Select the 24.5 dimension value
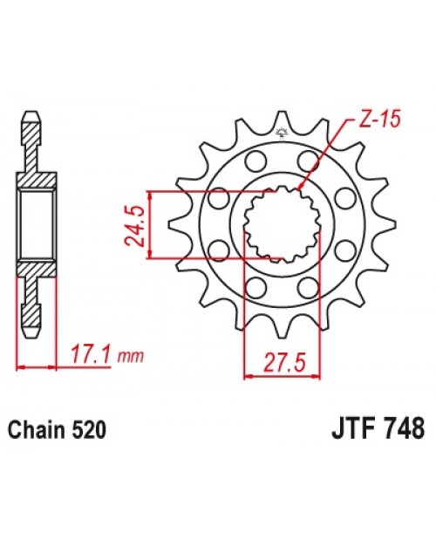tap(136, 225)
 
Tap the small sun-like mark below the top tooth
tap(282, 133)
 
